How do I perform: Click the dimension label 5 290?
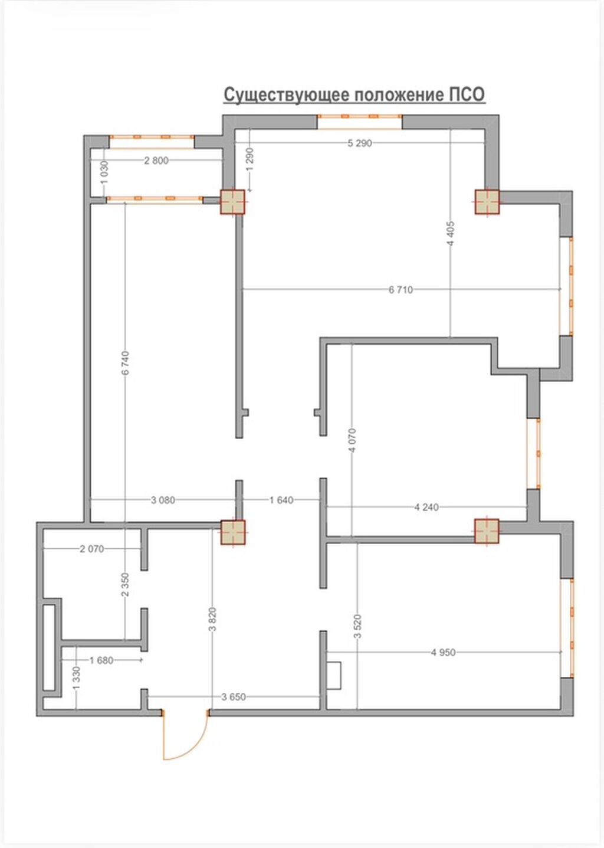tap(360, 143)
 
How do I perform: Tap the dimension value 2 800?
tap(156, 161)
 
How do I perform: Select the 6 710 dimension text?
tap(401, 290)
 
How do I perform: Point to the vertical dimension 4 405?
tap(451, 234)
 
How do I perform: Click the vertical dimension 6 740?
tap(126, 363)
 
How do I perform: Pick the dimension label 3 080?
tap(163, 500)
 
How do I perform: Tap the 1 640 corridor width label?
tap(281, 500)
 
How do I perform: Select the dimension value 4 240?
tap(426, 507)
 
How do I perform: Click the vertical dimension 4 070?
tap(352, 440)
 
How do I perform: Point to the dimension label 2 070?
tap(91, 549)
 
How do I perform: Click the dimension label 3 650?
tap(234, 696)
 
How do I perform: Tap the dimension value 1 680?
tap(101, 660)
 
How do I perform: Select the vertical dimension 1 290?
tap(250, 159)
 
